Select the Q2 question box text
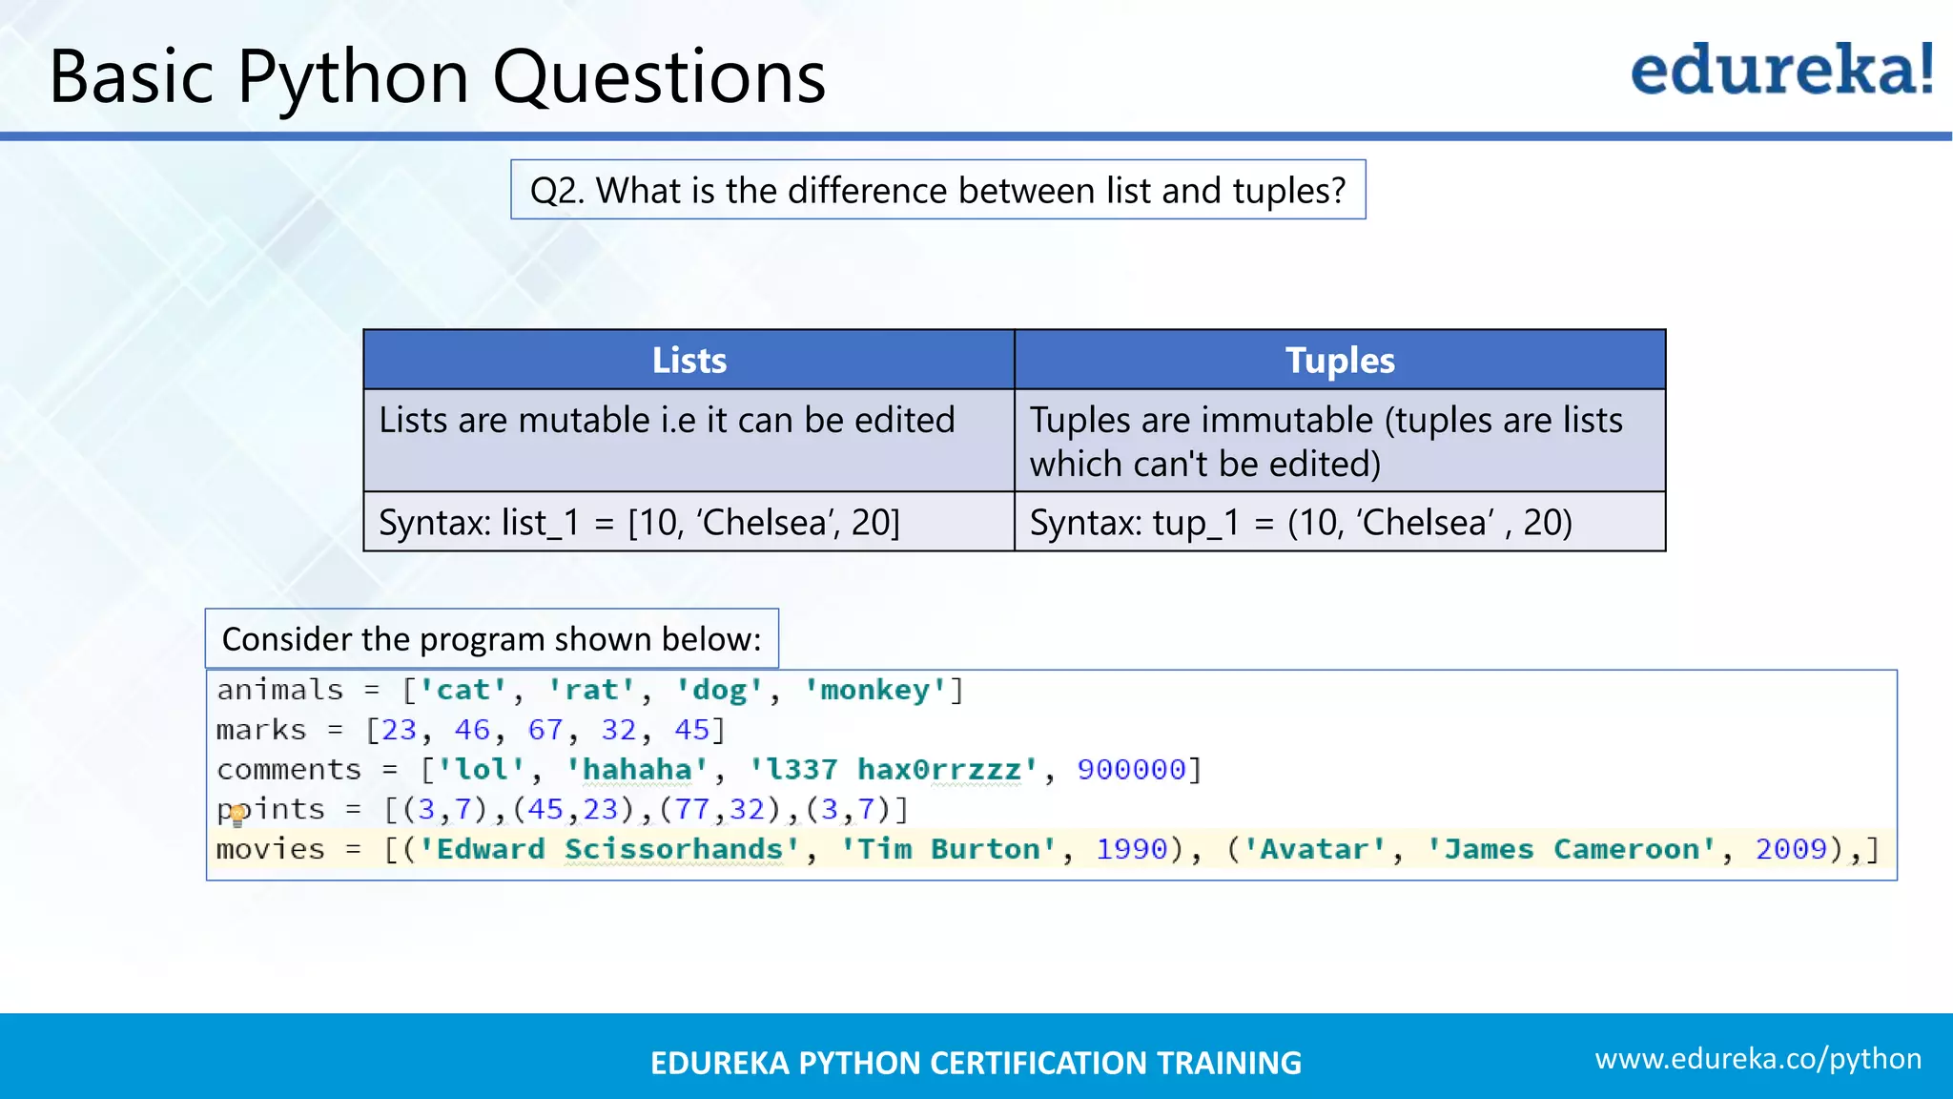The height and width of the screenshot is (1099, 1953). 937,190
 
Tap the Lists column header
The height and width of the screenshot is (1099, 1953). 689,360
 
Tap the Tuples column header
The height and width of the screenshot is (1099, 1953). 1340,360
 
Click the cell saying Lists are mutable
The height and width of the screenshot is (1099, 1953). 667,421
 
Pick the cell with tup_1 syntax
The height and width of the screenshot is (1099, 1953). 1301,523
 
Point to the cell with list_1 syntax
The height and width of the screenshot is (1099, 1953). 639,523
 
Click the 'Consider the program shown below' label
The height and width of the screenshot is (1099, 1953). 491,638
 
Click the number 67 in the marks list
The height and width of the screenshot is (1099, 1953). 545,730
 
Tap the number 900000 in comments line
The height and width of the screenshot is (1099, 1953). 1131,769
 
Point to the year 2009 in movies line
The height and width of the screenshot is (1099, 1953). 1791,849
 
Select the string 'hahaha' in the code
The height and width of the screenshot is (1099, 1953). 637,769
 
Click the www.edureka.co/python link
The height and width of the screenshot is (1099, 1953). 1758,1058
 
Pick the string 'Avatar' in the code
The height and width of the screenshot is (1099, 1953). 1313,849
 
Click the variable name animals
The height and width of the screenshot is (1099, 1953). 279,690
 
